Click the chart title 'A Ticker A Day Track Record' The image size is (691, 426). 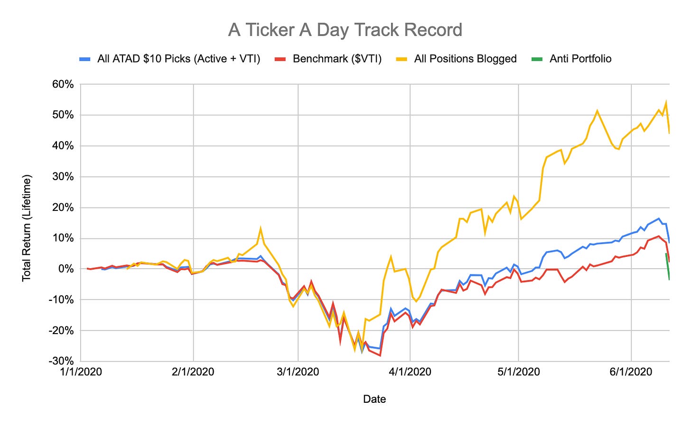(x=345, y=30)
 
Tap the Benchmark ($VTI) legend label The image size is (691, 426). (x=337, y=59)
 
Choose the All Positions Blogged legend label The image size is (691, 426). (x=465, y=59)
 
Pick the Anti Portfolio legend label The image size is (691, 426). (x=580, y=59)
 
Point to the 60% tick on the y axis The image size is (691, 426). (x=63, y=85)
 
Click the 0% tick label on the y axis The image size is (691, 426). (x=66, y=269)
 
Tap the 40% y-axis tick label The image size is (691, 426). (x=63, y=146)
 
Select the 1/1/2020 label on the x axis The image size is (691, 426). (x=81, y=372)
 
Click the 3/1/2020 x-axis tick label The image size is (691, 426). (x=298, y=372)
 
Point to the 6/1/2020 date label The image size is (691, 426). (x=631, y=372)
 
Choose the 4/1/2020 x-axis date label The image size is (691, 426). (x=411, y=372)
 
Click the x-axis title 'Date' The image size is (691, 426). (x=374, y=399)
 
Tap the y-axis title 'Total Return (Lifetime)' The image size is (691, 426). (x=27, y=227)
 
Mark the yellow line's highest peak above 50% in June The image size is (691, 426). (x=666, y=102)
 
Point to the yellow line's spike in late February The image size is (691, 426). (x=261, y=228)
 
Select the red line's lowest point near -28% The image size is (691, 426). (x=380, y=355)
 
